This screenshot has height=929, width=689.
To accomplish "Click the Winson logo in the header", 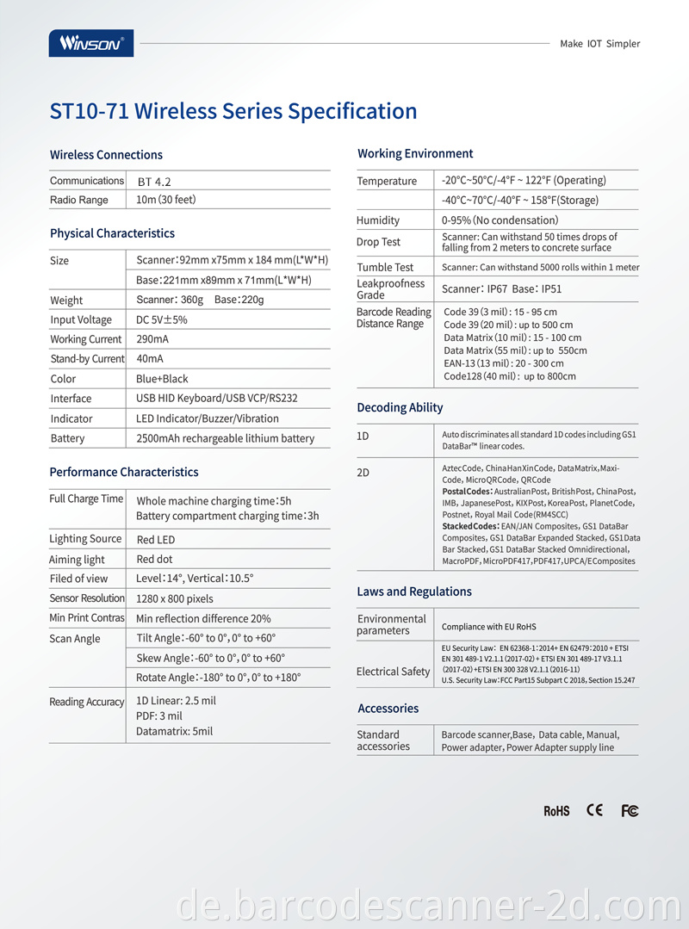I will (x=91, y=43).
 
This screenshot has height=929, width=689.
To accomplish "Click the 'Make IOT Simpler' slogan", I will (x=599, y=44).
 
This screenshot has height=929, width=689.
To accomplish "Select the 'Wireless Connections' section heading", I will (x=106, y=155).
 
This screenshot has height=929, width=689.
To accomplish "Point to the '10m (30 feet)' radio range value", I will (x=166, y=200).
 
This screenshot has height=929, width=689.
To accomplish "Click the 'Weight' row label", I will (x=66, y=300).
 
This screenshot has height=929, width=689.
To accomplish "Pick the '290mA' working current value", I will (x=152, y=339).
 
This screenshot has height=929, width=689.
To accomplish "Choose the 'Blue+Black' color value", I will (x=162, y=379).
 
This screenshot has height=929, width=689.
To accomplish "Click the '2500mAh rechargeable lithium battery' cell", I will (x=225, y=438).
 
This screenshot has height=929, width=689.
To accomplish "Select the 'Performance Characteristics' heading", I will (x=124, y=472).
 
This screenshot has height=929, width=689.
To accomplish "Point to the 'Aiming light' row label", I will (x=77, y=560).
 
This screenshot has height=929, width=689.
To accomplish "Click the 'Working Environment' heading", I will (x=415, y=153).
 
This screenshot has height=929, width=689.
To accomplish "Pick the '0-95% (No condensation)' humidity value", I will (x=500, y=220).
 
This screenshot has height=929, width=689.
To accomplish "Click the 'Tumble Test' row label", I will (x=385, y=267).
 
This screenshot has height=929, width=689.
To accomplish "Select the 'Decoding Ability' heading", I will (x=400, y=407).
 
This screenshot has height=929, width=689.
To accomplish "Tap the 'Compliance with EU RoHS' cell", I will (x=488, y=626).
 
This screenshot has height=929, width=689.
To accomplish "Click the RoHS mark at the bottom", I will (x=556, y=811).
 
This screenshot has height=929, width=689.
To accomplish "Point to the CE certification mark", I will (x=594, y=810).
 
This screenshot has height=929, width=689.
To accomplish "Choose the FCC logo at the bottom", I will (x=630, y=811).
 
